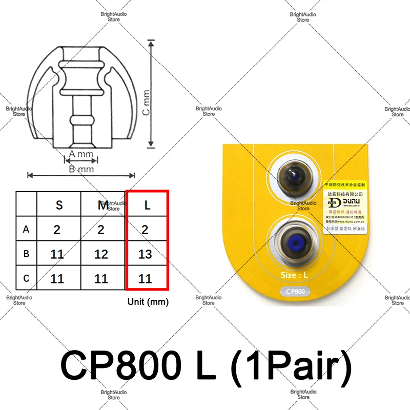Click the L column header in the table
point(147,205)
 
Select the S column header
point(59,205)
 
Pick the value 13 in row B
point(145,254)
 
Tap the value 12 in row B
point(101,254)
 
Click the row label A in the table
point(26,230)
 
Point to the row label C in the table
point(26,279)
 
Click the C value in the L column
point(145,279)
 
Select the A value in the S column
point(57,230)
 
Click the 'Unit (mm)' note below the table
point(148,302)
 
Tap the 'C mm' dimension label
point(146,102)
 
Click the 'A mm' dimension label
point(81,154)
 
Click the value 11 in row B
point(57,254)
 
